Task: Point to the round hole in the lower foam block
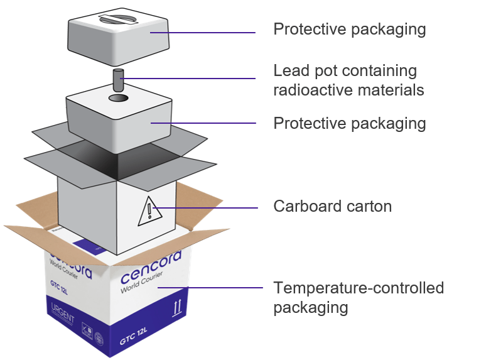[118, 99]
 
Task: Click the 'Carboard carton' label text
[332, 206]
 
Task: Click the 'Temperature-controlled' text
[358, 288]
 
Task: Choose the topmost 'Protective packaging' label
[349, 30]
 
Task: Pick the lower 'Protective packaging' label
[349, 123]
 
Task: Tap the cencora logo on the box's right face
[150, 267]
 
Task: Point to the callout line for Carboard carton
[207, 207]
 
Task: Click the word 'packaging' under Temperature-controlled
[310, 307]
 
